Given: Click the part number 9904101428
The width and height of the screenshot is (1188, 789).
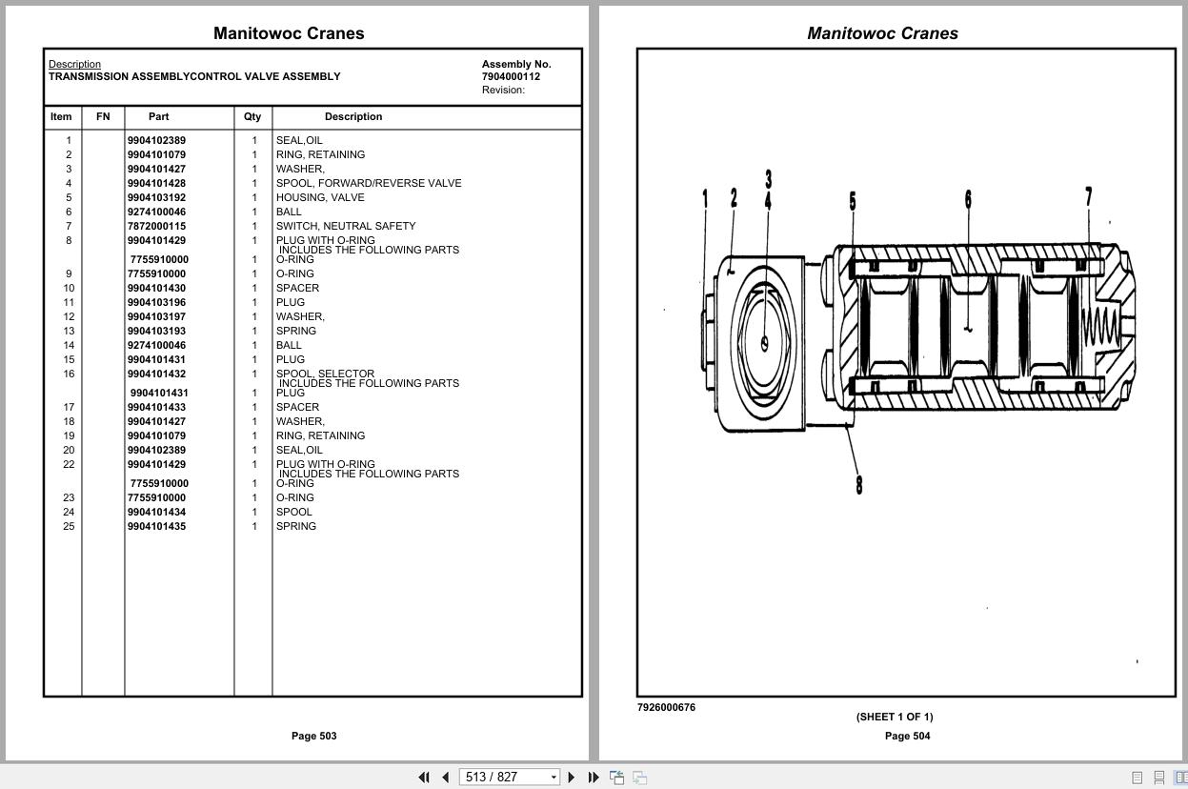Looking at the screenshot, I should coord(156,183).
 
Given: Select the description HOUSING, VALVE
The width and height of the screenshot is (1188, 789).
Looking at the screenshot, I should coord(320,197).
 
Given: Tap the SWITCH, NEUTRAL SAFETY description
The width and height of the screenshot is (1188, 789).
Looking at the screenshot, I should coord(346,226).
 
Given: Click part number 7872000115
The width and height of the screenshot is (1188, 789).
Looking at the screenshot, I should coord(156,226).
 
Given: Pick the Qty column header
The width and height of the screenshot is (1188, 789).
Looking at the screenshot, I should coord(252,116).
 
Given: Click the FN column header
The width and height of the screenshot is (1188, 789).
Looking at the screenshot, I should coord(103,116).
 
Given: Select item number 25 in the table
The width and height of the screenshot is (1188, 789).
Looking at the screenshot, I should coord(69,526).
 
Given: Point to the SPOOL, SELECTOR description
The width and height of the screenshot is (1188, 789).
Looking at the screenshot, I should coord(325,374).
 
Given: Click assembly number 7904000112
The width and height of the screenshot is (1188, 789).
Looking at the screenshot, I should coord(511,76).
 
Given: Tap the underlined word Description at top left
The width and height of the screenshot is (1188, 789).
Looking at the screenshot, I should coord(74,64).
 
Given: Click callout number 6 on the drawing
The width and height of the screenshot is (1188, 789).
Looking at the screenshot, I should coord(968,198).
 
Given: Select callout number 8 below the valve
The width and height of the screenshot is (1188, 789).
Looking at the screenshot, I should coord(858,484).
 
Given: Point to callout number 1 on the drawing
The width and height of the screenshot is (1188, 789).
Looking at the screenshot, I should coord(705,198).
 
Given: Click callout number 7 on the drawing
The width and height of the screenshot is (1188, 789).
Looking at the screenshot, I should coord(1088,196).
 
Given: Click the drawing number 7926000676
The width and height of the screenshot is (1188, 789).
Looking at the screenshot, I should coord(666,707).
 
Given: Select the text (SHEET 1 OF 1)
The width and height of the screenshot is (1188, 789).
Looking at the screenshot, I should coord(894,717).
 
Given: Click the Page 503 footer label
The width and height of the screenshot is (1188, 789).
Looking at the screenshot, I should coord(313,736).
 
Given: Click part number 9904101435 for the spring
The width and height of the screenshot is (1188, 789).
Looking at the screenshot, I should coord(156,526).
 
